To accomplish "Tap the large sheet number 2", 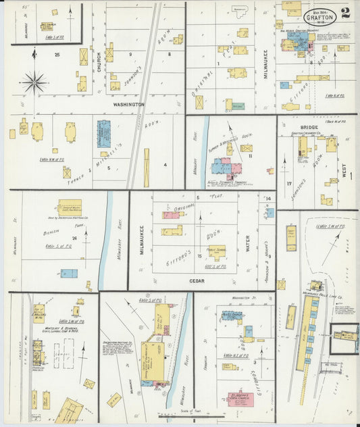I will click(x=346, y=12).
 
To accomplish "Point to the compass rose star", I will click(x=34, y=82).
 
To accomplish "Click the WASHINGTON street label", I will click(x=128, y=105).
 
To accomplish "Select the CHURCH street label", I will click(x=99, y=62).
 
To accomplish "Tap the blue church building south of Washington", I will click(x=104, y=134).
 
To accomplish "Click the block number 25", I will click(x=58, y=54).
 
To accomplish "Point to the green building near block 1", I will click(x=237, y=106).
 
